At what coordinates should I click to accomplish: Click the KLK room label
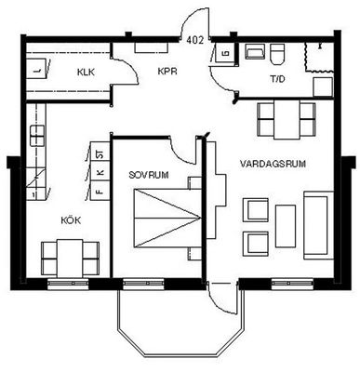tap(86, 73)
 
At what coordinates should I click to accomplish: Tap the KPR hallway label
tap(167, 72)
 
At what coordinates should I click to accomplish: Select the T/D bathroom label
tap(277, 79)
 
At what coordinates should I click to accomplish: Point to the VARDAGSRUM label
tap(273, 164)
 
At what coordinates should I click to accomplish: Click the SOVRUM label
tap(149, 175)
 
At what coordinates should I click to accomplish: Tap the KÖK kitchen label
tap(71, 220)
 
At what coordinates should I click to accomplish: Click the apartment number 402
tap(195, 40)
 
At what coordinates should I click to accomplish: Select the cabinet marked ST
tap(100, 151)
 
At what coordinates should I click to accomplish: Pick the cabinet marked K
tap(100, 170)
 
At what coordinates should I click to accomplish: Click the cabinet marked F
tap(100, 190)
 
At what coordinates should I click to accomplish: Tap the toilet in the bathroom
tap(277, 54)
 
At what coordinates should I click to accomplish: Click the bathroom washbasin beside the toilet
tap(256, 51)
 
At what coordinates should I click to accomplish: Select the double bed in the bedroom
tap(167, 218)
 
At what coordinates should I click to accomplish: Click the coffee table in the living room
tap(286, 226)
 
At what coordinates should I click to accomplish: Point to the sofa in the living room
tap(318, 225)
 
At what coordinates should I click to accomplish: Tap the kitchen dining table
tap(70, 259)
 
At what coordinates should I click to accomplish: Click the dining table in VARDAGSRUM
tap(287, 119)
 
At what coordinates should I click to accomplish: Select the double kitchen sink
tap(37, 135)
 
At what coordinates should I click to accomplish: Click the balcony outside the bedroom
tap(180, 323)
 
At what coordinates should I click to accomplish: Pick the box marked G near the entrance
tap(226, 53)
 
